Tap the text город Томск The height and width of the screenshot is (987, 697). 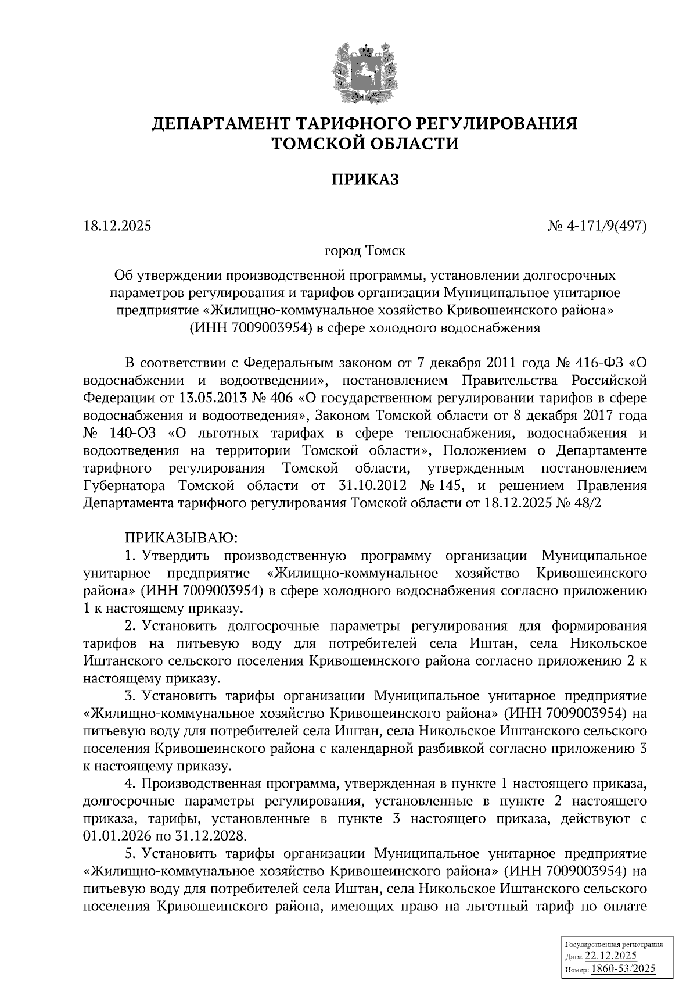coord(364,252)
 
